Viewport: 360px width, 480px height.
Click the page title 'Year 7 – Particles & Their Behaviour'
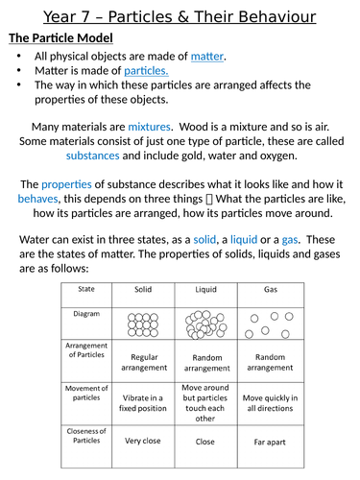[x=180, y=15]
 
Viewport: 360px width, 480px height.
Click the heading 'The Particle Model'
[x=60, y=38]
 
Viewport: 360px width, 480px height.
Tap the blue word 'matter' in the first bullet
[x=206, y=57]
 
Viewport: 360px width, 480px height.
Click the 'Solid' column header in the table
[x=143, y=288]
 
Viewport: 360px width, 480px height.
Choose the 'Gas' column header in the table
[x=271, y=288]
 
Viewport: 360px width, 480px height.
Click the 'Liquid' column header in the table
[x=206, y=288]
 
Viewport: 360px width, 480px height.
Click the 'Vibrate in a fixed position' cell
[x=143, y=403]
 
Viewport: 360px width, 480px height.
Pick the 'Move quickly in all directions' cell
[x=271, y=403]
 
